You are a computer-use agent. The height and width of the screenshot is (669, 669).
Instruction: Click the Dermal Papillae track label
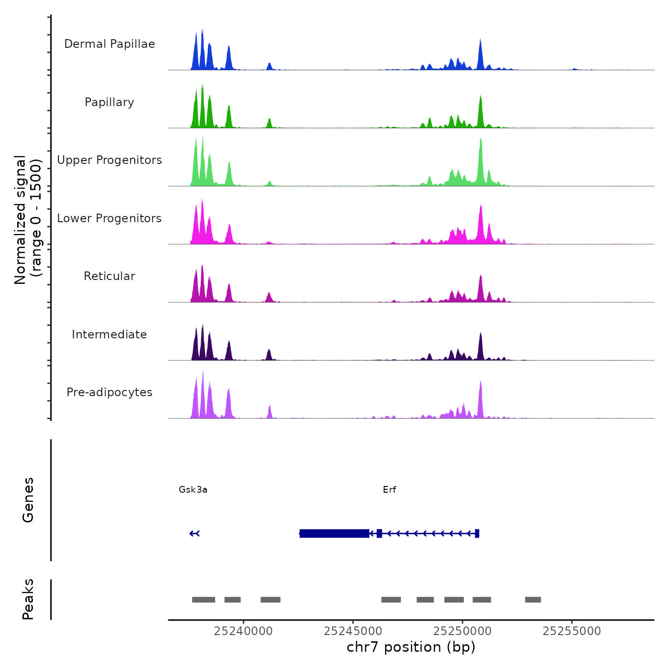coord(109,44)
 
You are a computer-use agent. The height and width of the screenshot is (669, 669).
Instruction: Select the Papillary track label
coord(109,102)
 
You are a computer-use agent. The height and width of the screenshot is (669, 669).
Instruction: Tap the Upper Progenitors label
coord(109,160)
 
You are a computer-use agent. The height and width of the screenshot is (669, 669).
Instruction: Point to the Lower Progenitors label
coord(109,218)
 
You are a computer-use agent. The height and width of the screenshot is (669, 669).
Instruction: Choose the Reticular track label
coord(109,276)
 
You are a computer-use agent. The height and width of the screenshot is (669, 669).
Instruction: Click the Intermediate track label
coord(109,334)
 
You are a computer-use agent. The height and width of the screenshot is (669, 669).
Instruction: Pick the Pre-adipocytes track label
coord(109,392)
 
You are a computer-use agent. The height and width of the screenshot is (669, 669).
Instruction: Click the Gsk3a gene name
coord(193,489)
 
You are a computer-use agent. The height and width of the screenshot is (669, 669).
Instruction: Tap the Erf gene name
coord(389,489)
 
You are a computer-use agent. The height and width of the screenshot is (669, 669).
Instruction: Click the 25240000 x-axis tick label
coord(243,631)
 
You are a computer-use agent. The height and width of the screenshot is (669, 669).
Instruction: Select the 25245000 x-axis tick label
coord(353,631)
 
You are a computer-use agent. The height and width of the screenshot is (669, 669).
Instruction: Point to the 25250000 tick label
coord(463,631)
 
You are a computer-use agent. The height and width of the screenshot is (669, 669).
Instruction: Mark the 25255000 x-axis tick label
coord(572,631)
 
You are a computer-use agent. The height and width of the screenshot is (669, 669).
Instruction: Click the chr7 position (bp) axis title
coord(411,647)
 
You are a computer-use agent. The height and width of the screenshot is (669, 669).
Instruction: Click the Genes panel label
coord(28,500)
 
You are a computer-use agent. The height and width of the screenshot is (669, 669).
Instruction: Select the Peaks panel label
coord(28,599)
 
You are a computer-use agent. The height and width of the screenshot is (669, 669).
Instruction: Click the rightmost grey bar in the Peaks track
coord(533,600)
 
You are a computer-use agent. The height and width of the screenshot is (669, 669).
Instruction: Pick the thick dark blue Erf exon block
coord(334,533)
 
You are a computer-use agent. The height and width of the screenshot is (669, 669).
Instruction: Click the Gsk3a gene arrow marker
coord(194,533)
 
